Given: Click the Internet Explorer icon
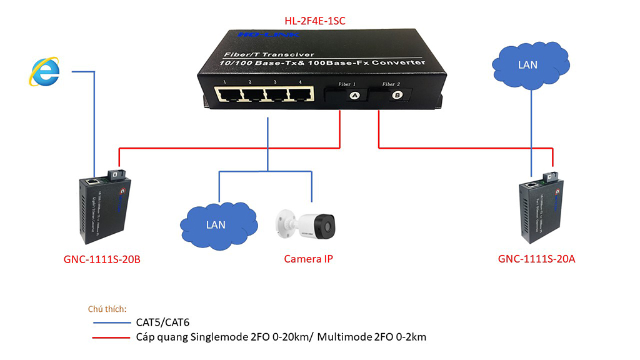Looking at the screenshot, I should click(x=44, y=71).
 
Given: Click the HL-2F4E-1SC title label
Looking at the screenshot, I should click(x=315, y=21).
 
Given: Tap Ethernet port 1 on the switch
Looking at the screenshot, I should click(x=227, y=95).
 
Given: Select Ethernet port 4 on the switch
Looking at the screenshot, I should click(x=300, y=95).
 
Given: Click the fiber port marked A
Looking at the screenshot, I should click(x=355, y=96).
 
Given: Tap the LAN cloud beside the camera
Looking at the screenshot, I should click(x=217, y=224).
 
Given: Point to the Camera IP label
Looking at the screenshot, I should click(x=308, y=259).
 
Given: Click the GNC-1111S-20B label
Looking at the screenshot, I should click(x=102, y=259).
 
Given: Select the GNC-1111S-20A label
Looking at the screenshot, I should click(x=536, y=259).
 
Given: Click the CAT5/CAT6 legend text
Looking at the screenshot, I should click(x=162, y=323).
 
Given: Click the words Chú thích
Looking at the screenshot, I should click(x=107, y=309).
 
